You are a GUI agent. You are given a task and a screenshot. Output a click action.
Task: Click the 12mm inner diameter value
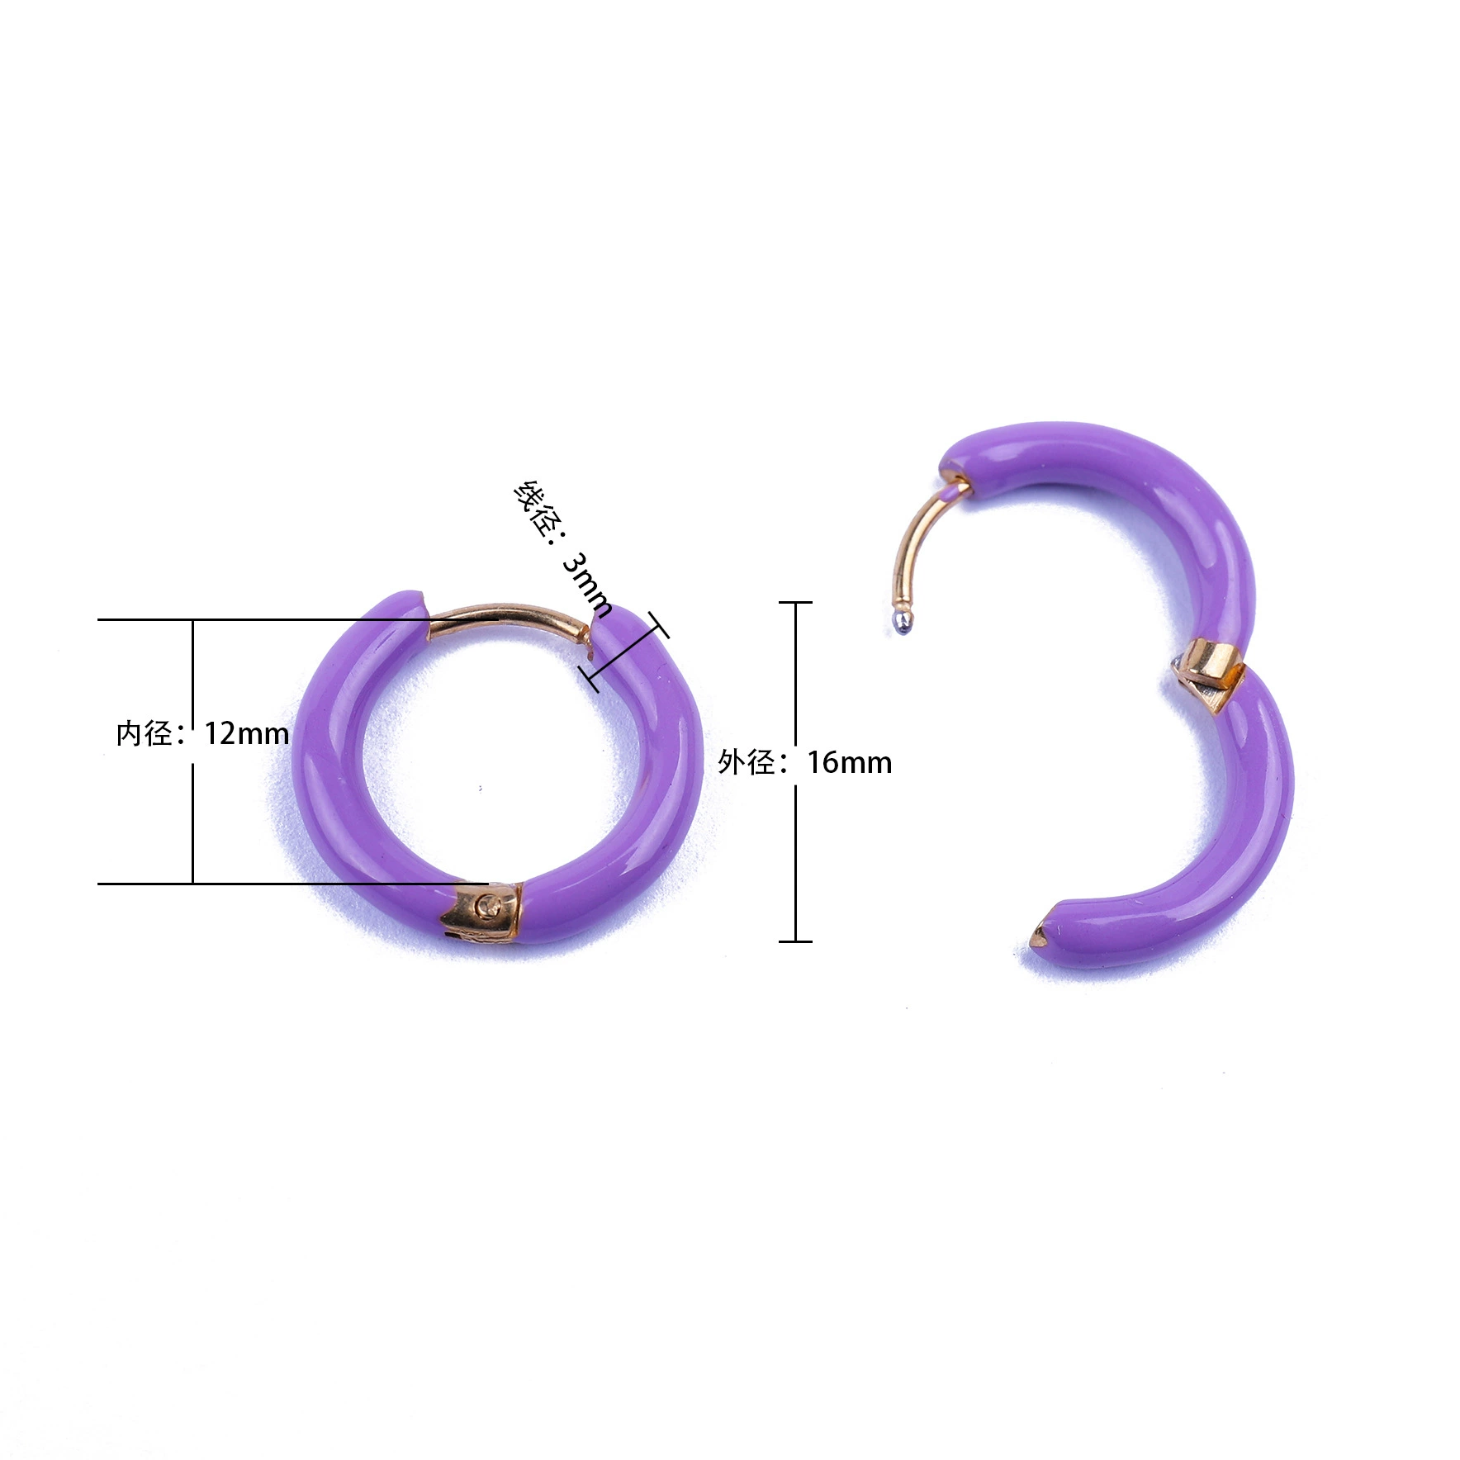click(246, 733)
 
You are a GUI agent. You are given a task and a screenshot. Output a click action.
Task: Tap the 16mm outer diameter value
click(849, 762)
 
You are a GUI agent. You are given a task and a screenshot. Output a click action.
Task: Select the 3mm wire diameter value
click(587, 585)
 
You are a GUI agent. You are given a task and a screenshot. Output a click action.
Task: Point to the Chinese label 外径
click(746, 762)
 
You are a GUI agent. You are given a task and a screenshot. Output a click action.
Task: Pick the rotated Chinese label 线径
click(535, 508)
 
